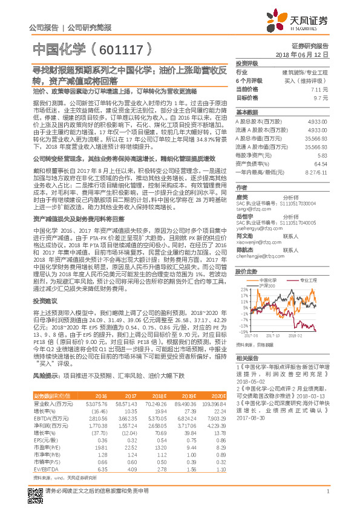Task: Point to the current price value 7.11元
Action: pyautogui.click(x=320, y=89)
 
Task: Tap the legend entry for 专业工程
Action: pyautogui.click(x=297, y=280)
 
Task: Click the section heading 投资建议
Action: pyautogui.click(x=44, y=300)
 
